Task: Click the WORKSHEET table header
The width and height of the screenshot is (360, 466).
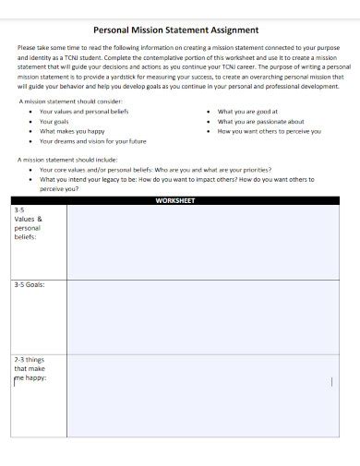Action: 175,200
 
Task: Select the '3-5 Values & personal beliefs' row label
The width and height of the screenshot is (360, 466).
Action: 28,222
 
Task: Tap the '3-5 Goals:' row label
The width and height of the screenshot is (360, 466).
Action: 29,285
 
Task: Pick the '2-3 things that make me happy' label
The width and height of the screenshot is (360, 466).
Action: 29,368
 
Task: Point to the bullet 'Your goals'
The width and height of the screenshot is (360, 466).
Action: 54,121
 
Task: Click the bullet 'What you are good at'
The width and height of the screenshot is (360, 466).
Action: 246,111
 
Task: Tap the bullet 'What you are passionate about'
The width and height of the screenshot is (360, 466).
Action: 260,121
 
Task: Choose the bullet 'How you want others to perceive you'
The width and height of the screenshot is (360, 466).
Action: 269,131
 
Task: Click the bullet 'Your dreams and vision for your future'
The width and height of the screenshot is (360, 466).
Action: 92,141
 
